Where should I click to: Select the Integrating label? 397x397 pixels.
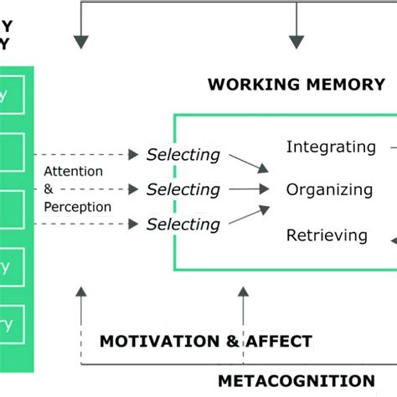click(331, 147)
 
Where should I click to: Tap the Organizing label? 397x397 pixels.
click(329, 189)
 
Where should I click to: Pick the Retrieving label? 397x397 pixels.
click(327, 235)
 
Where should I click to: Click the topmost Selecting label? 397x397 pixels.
click(183, 155)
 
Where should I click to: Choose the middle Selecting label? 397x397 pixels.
click(183, 189)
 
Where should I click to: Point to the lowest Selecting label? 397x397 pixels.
click(183, 224)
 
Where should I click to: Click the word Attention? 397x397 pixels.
click(74, 172)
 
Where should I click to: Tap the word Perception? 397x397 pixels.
click(76, 206)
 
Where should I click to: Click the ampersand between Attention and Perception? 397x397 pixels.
click(48, 189)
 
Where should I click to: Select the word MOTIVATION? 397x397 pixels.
click(158, 341)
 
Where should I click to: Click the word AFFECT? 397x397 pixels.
click(279, 341)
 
